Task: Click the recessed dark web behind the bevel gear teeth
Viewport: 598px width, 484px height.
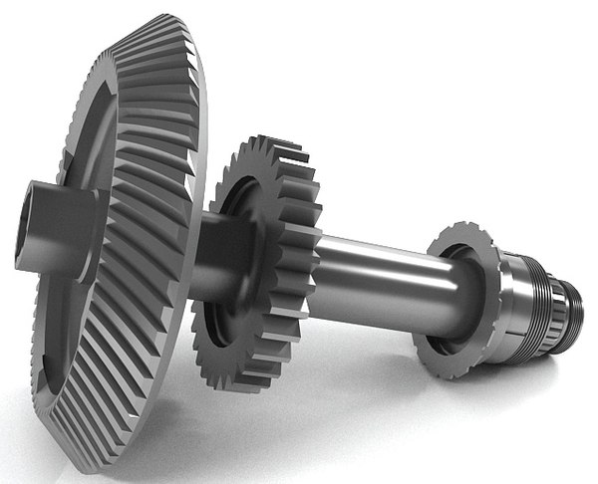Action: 75,139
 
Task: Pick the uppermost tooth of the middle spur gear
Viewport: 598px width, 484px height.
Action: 261,141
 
